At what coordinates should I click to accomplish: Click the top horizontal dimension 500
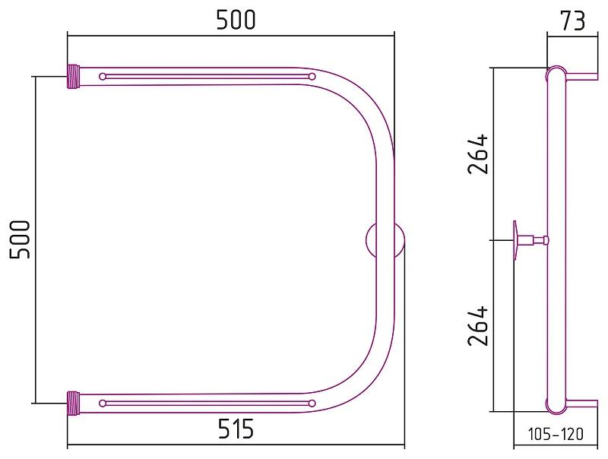(x=236, y=20)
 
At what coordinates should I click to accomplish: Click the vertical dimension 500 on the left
(x=21, y=239)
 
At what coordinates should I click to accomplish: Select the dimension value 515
(x=236, y=430)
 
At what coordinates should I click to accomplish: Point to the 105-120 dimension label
(x=556, y=435)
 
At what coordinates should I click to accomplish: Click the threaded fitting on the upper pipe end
(x=74, y=77)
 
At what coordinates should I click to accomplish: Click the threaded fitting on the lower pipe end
(x=74, y=401)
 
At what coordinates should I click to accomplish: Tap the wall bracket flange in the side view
(x=516, y=239)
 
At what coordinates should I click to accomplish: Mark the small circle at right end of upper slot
(x=312, y=77)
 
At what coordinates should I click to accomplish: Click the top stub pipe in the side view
(x=582, y=76)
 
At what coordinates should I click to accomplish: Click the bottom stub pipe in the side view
(x=582, y=403)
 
